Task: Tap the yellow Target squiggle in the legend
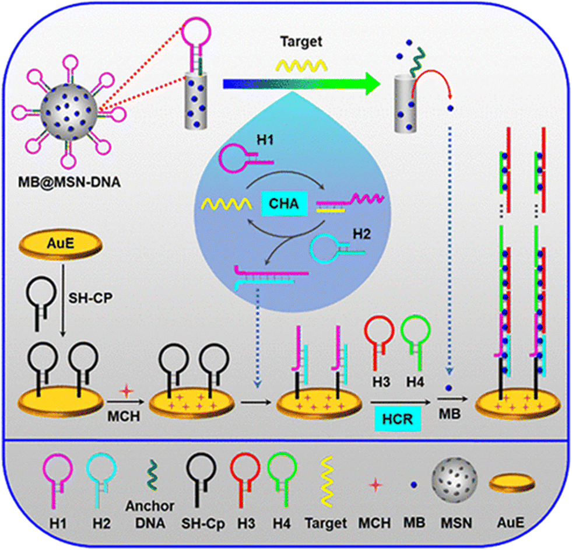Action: click(x=327, y=482)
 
